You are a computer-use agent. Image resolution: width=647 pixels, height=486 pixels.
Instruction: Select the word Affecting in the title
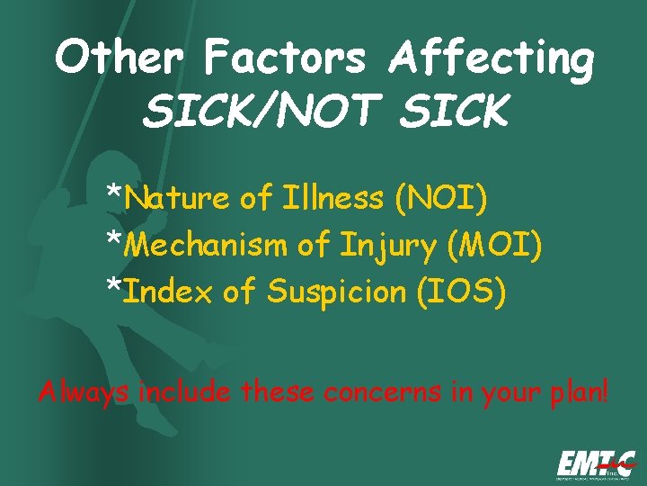(492, 59)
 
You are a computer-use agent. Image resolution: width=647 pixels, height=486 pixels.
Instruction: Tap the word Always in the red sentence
(81, 392)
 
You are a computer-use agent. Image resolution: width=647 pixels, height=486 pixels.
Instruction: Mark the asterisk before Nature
(115, 193)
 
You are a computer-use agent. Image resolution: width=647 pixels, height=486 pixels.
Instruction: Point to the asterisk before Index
(115, 286)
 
